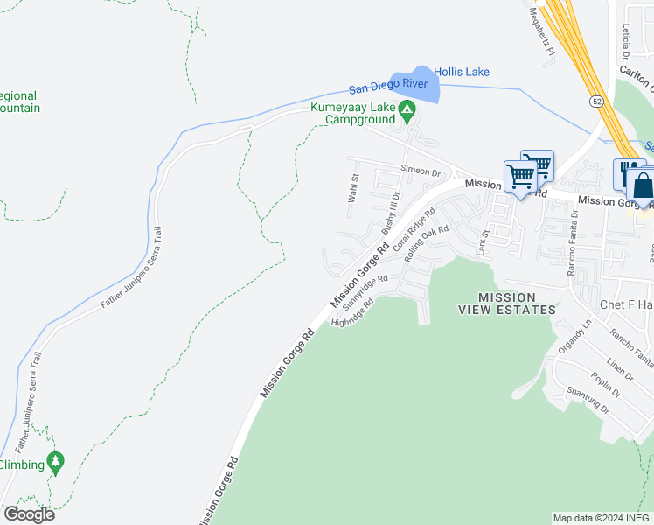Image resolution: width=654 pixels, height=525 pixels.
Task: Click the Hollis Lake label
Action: point(462,72)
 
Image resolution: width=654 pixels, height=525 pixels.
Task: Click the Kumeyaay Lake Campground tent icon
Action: point(407,110)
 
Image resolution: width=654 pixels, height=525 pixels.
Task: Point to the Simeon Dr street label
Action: point(420,172)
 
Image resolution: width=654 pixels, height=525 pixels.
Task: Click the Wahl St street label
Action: point(354,188)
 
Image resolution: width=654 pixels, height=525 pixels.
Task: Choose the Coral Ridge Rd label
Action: point(414,230)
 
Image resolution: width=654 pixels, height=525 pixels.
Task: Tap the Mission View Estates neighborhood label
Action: point(507,304)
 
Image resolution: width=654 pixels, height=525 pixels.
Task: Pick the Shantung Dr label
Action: point(586,398)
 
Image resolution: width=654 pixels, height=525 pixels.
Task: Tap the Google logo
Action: point(28,514)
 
